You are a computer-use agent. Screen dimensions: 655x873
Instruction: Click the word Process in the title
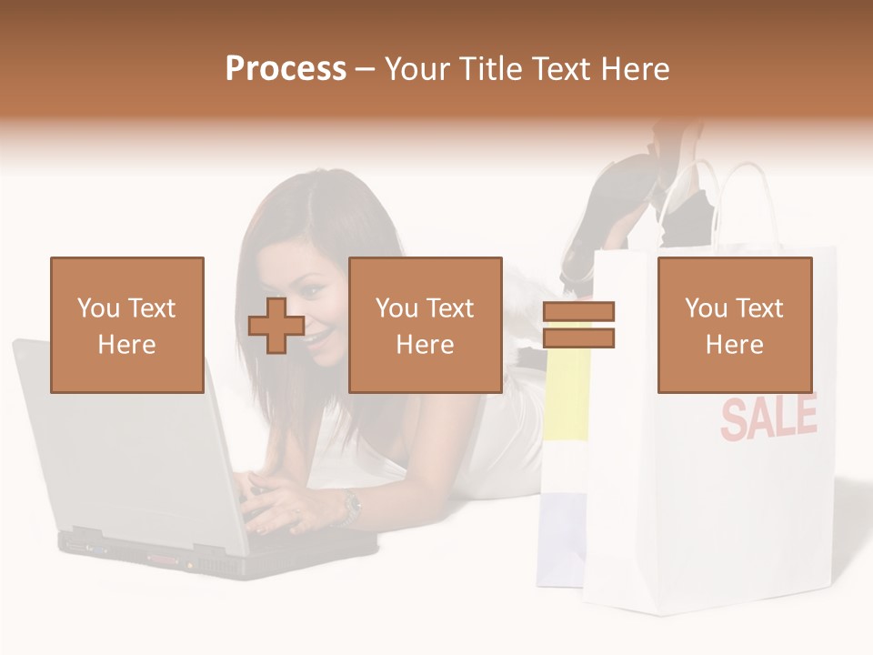(286, 68)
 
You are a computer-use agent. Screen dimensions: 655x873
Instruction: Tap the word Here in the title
(634, 68)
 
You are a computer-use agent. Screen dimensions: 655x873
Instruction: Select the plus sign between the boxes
(276, 325)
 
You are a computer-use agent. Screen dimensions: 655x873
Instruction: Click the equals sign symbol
(578, 325)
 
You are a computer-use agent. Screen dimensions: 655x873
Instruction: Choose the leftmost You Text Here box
(127, 325)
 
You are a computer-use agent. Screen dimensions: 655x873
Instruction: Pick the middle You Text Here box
(426, 325)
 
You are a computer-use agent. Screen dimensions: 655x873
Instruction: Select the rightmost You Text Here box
(735, 325)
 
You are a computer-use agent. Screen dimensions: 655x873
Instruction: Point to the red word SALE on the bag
(768, 417)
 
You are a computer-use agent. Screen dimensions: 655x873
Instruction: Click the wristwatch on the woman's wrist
(350, 506)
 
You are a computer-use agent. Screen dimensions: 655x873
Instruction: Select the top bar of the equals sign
(578, 312)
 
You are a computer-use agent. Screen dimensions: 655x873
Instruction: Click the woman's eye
(311, 289)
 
